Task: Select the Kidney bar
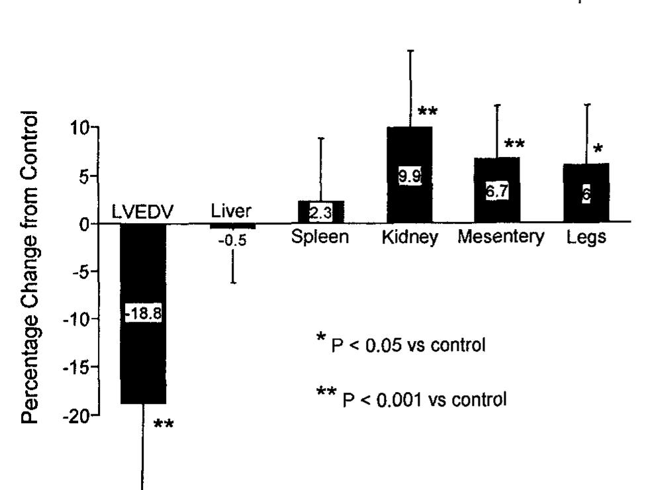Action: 409,199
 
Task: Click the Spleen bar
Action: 321,212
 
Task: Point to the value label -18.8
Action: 143,314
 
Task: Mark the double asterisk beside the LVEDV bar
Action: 163,424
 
